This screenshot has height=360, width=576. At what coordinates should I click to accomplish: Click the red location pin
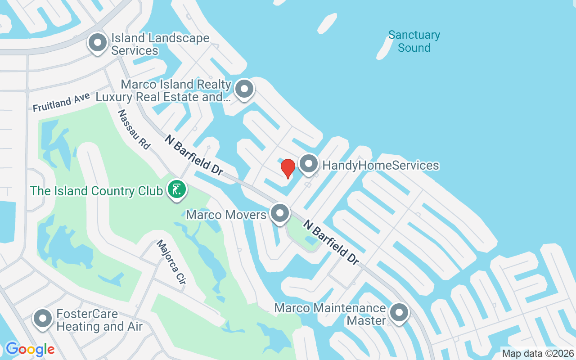pos(288,168)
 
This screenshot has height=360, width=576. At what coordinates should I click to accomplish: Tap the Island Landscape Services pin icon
pos(98,43)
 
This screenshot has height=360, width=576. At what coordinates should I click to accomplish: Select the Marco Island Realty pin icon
pos(244,89)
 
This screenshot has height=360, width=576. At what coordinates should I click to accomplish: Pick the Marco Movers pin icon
pos(280,213)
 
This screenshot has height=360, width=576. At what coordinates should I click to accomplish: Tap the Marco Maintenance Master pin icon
pos(399,313)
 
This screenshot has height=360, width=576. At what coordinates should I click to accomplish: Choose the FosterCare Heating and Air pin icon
pos(43,319)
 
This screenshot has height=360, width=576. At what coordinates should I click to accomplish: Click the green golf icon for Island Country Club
pos(177,189)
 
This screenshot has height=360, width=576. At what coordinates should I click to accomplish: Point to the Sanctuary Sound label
pos(414,41)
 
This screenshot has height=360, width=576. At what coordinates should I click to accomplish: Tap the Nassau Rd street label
pos(133,129)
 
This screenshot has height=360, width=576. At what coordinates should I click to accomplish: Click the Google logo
pos(30,349)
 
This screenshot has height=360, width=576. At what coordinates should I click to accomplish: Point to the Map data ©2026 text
pos(538,353)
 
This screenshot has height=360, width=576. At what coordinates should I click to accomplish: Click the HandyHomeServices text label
pos(381,165)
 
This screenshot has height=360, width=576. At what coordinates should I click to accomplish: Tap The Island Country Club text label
pos(96,191)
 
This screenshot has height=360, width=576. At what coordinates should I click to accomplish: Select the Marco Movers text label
pos(226,215)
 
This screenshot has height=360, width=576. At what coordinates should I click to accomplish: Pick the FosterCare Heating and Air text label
pos(99,320)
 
